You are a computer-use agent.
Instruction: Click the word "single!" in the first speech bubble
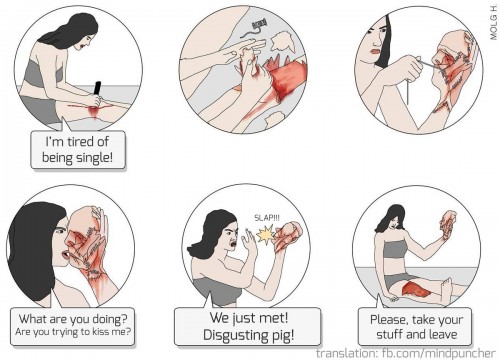tap(95, 157)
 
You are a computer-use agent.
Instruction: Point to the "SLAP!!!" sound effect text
tap(267, 218)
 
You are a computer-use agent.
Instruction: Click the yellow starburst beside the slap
tap(265, 235)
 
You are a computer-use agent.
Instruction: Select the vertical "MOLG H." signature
tap(494, 22)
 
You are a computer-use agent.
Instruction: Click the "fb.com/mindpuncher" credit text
tap(438, 353)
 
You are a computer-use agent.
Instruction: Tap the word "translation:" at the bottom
tap(347, 353)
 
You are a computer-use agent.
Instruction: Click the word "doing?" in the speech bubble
tap(110, 319)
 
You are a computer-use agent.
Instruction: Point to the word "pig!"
tap(282, 335)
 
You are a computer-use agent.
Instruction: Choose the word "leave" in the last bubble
tap(442, 334)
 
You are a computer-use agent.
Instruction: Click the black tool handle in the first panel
tap(97, 88)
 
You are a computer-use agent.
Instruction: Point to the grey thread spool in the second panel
tap(260, 24)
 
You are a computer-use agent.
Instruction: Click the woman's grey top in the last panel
tap(395, 250)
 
